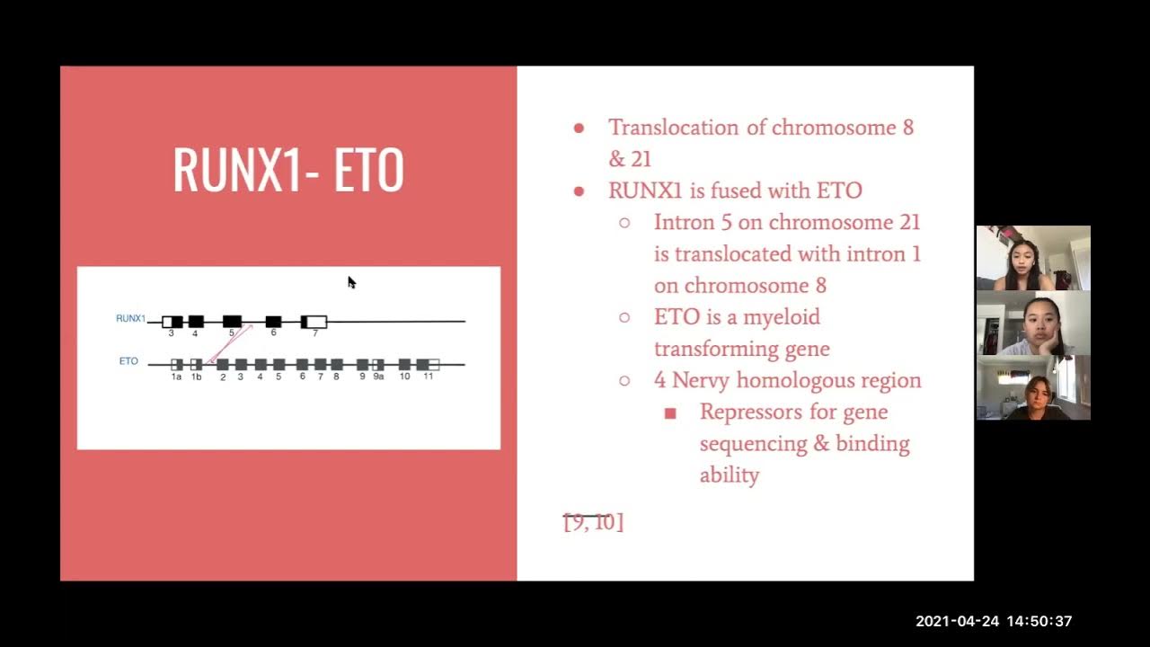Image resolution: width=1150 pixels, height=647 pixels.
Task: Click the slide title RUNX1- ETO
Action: tap(288, 170)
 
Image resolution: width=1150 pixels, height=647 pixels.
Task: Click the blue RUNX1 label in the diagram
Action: tap(130, 318)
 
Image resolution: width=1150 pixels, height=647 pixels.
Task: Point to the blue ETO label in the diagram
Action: tap(128, 361)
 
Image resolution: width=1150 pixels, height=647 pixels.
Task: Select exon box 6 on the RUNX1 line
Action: tap(273, 322)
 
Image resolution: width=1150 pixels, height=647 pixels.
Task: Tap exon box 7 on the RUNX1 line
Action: tap(314, 322)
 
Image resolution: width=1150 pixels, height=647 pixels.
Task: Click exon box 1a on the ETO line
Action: tap(177, 365)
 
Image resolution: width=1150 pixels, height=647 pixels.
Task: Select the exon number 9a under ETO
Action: tap(378, 377)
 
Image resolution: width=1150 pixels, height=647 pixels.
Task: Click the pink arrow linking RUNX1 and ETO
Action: tap(230, 344)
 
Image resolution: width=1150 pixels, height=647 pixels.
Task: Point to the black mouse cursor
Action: tap(351, 282)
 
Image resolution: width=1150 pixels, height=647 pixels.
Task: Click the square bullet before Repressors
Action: tap(670, 413)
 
